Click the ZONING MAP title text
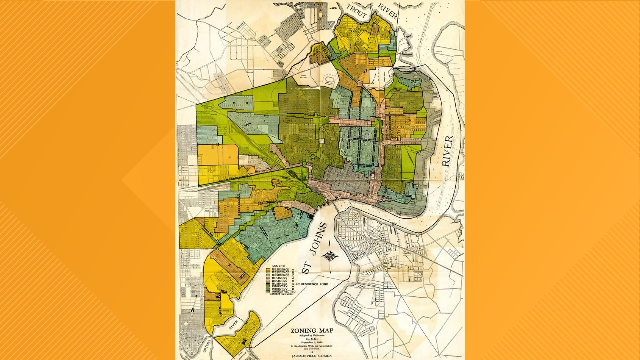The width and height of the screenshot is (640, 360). [x=312, y=331]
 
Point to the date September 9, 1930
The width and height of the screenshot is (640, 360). [x=312, y=342]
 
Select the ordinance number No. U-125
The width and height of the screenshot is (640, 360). [x=312, y=339]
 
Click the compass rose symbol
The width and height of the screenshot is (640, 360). [x=330, y=256]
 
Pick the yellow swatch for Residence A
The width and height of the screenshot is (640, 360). [x=268, y=269]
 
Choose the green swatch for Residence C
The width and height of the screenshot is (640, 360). [x=268, y=275]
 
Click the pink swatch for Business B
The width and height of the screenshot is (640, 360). [x=268, y=281]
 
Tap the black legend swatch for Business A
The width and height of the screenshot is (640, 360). [x=268, y=284]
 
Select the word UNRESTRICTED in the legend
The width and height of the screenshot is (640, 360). [x=284, y=292]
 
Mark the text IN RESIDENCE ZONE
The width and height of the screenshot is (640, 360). [x=312, y=284]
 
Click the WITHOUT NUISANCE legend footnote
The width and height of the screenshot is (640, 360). [x=281, y=294]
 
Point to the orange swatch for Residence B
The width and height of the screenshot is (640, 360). [x=268, y=272]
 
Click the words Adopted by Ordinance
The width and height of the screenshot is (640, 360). [x=312, y=335]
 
